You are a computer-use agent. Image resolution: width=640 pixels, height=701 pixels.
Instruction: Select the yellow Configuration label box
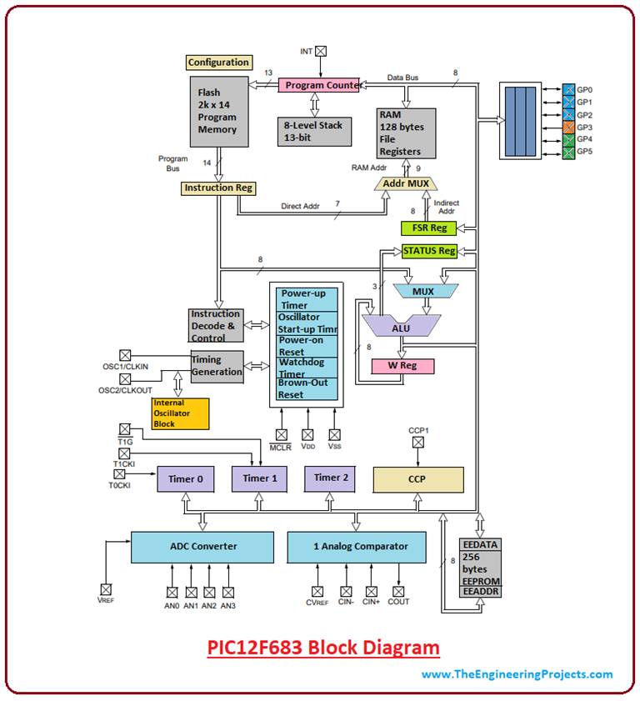(218, 63)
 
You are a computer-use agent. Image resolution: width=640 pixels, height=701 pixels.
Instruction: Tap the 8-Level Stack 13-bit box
(314, 131)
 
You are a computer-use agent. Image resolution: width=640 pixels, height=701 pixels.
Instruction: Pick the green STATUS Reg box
(429, 250)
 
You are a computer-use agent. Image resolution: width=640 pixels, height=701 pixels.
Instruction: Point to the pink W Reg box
(403, 365)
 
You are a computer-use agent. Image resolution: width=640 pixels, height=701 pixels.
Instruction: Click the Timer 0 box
(186, 479)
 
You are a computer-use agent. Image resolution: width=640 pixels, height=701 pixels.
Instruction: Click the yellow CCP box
(417, 479)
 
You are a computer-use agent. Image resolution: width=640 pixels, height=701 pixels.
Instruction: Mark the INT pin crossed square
(321, 51)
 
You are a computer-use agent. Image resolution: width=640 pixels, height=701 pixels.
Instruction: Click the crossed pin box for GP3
(568, 127)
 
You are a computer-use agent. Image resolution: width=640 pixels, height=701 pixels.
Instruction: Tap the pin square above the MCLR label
(281, 434)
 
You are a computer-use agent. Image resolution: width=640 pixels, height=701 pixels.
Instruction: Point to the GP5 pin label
(584, 152)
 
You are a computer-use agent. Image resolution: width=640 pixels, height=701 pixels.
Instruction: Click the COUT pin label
(398, 601)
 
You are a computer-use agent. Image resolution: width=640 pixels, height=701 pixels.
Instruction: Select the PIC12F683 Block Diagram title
(323, 647)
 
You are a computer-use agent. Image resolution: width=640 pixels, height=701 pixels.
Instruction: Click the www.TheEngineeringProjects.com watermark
(517, 674)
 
